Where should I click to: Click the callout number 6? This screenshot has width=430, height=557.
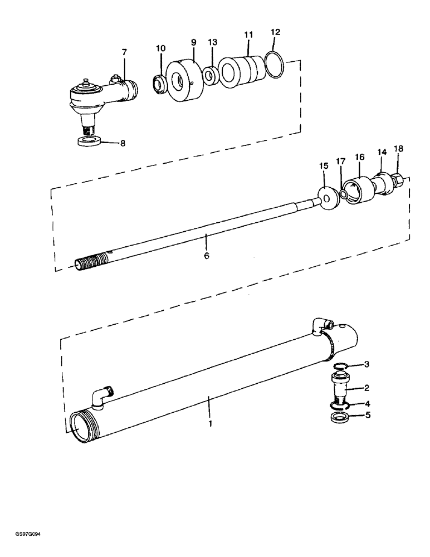point(206,256)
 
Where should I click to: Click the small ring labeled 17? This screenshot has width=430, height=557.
point(344,193)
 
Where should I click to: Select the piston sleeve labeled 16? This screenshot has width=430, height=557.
point(359,190)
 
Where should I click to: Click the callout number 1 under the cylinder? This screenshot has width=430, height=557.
point(211,423)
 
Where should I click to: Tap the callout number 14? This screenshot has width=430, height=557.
point(382,152)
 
